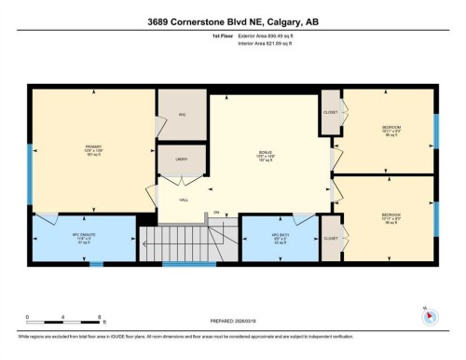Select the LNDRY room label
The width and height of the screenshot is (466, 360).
click(x=183, y=159)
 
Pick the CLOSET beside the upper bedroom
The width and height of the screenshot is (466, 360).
click(x=331, y=112)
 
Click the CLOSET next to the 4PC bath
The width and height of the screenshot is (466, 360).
click(x=331, y=237)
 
